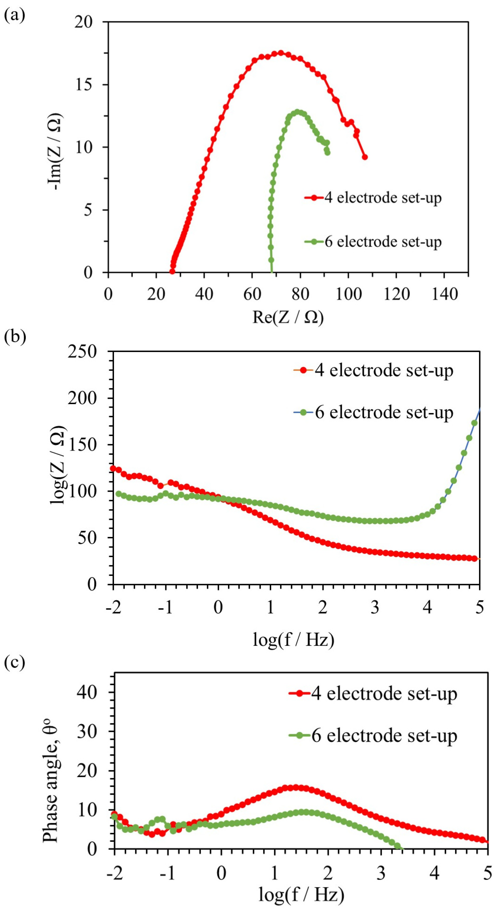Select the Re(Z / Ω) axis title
coord(288,317)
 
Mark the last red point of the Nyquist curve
coord(364,157)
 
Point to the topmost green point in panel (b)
coord(474,423)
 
